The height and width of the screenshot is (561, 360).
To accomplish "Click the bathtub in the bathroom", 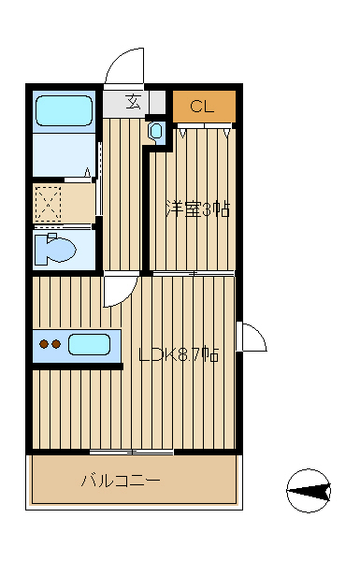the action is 65,110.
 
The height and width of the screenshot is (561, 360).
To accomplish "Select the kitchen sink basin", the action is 89,344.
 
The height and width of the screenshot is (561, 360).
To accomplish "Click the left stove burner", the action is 44,344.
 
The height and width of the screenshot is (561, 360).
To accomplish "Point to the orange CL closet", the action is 205,107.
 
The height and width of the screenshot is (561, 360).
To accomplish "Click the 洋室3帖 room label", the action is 197,209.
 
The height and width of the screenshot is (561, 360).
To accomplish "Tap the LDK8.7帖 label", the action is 179,355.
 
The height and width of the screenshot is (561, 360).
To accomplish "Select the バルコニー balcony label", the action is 121,481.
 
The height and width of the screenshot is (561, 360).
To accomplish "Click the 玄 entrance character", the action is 132,102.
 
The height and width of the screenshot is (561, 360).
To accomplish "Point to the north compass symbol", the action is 309,491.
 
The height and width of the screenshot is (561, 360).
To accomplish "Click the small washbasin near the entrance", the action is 156,131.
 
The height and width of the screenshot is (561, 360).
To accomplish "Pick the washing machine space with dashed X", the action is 49,204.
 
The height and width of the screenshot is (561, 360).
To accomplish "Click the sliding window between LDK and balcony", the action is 131,453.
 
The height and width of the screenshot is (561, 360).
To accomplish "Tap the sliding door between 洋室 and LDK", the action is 194,273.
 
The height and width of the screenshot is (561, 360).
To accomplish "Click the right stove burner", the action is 56,344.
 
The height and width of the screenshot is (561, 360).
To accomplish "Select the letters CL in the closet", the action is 202,107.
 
